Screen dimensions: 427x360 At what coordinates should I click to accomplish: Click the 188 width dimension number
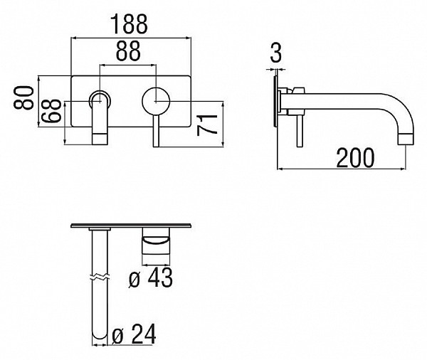[130, 24]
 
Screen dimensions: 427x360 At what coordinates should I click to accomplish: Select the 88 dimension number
[128, 51]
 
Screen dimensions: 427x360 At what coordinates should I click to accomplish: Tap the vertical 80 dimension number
[23, 97]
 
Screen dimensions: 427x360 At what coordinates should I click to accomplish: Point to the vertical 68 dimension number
[51, 111]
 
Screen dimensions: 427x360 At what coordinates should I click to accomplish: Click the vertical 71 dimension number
[207, 125]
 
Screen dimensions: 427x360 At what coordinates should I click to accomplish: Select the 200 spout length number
[355, 158]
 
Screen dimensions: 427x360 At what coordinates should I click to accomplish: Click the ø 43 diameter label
[151, 277]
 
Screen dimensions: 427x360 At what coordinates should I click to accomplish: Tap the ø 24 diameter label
[134, 334]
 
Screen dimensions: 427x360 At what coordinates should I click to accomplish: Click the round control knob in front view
[156, 101]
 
